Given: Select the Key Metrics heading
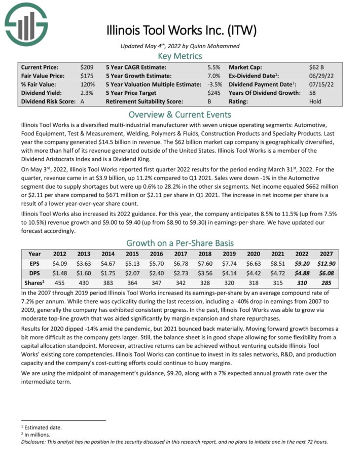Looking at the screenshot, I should [x=180, y=56].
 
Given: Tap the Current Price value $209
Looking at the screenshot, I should [x=86, y=67].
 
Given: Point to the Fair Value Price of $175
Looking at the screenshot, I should [x=86, y=76].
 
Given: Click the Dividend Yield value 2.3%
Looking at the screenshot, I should [x=86, y=93].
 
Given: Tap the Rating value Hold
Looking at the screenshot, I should [x=315, y=101].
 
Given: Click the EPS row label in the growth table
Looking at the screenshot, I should [x=34, y=264].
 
